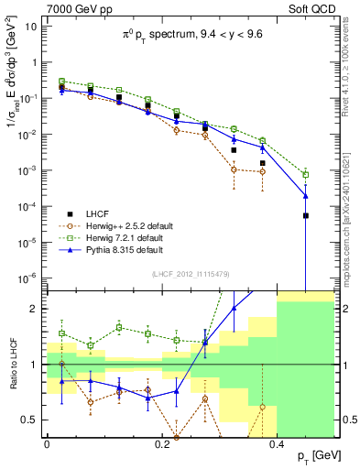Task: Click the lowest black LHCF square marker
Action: coord(306,215)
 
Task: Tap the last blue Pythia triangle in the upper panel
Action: coord(306,195)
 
